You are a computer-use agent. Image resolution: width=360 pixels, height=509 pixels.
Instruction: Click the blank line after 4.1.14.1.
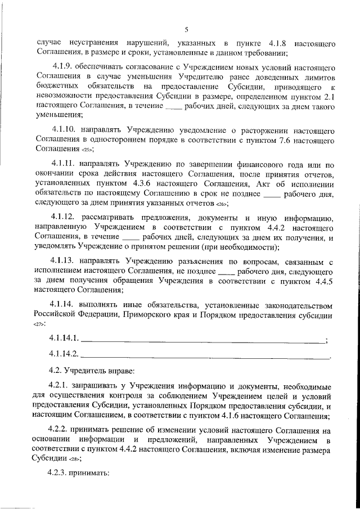pyautogui.click(x=203, y=340)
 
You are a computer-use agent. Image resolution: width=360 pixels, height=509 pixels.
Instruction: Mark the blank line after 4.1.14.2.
pyautogui.click(x=205, y=356)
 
